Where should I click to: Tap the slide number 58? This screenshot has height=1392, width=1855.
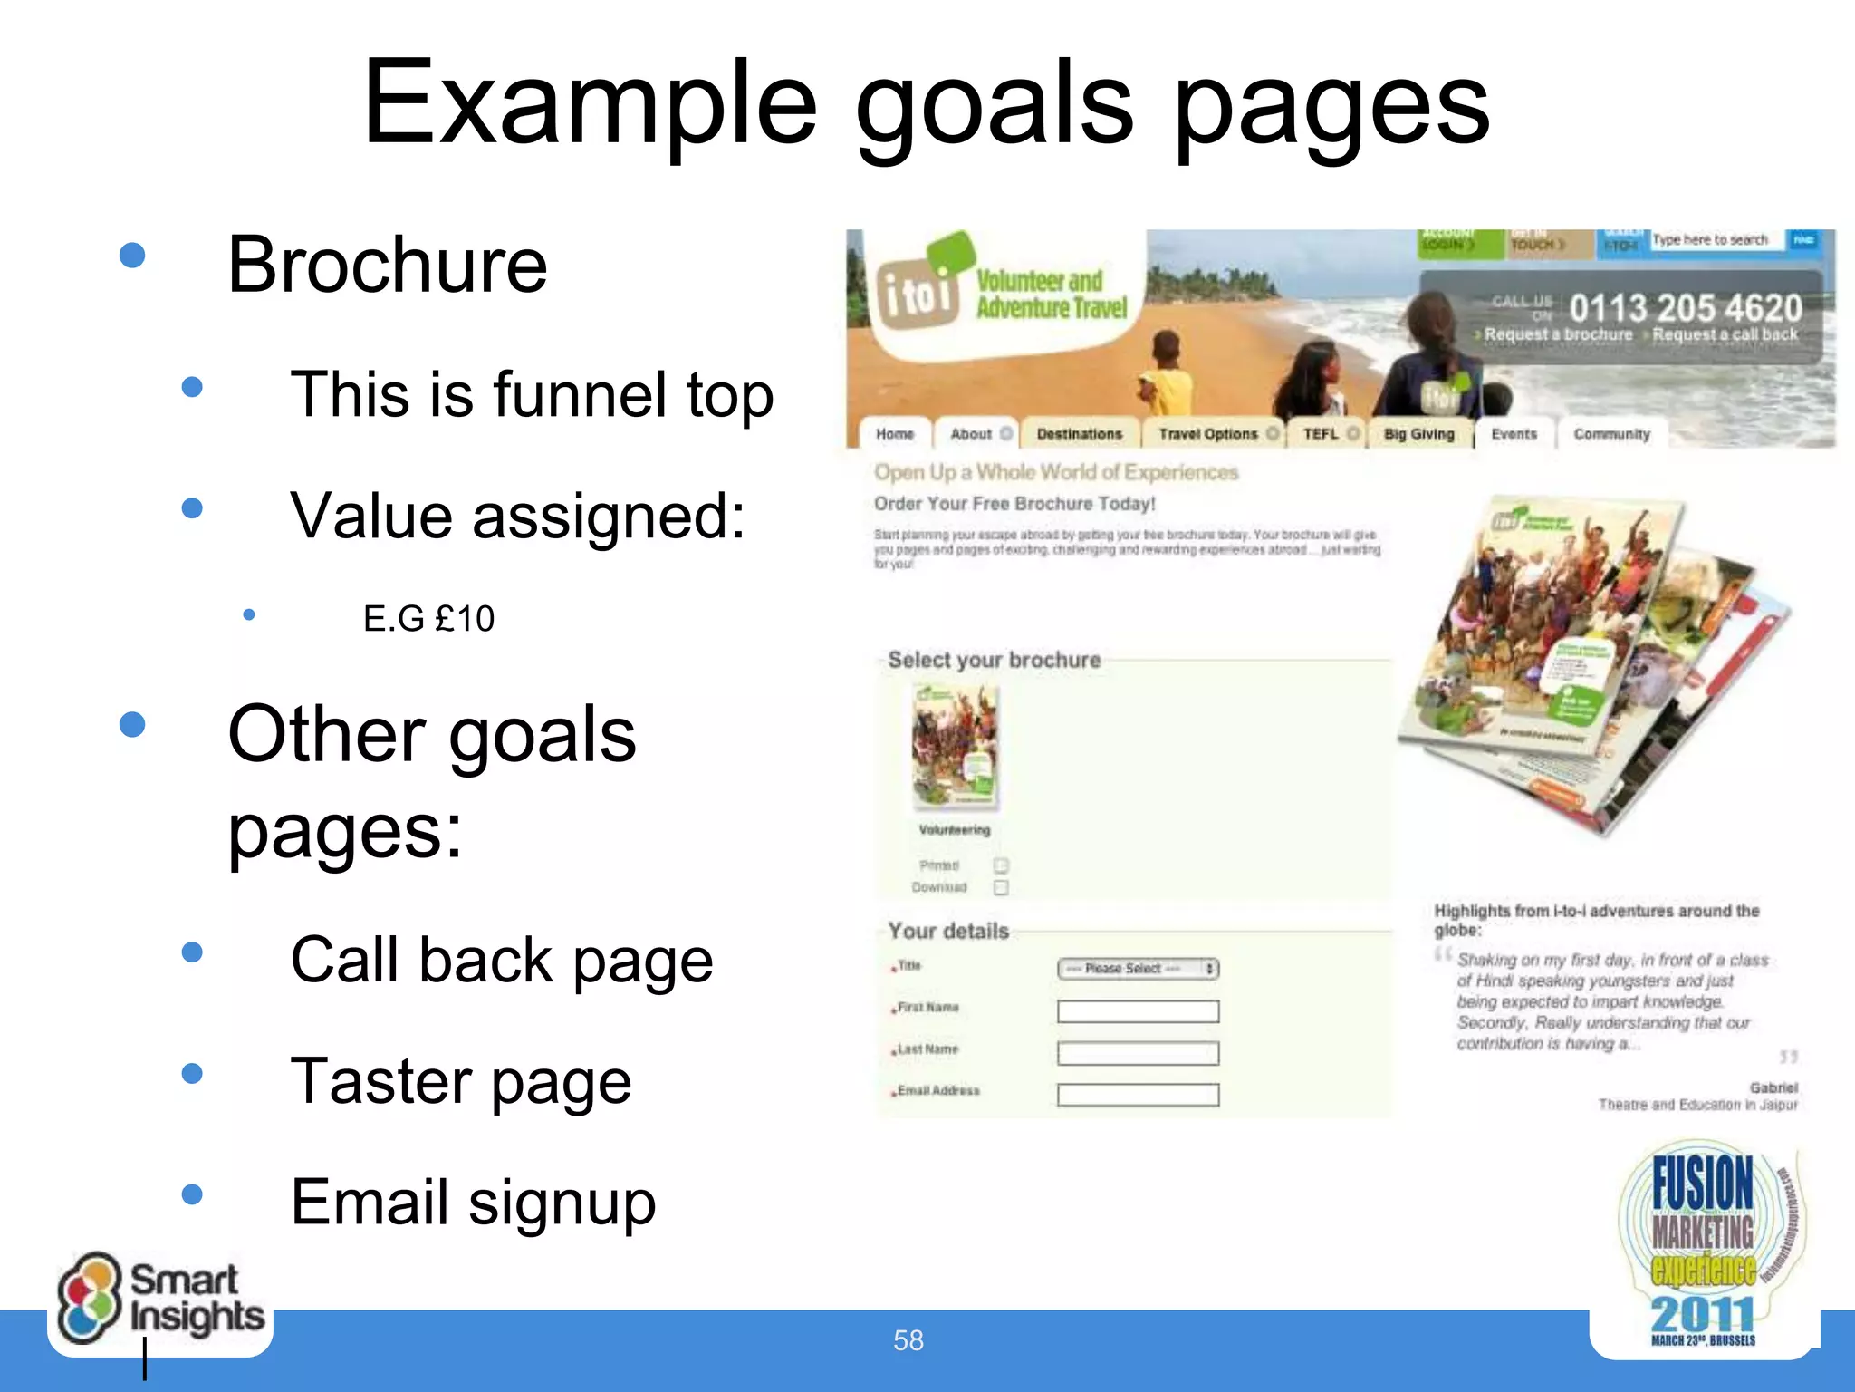pos(908,1340)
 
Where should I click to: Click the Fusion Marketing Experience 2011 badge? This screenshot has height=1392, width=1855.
pos(1703,1250)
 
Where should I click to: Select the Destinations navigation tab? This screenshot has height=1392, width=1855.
pos(1079,434)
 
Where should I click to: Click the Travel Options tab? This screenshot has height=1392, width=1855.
pos(1208,434)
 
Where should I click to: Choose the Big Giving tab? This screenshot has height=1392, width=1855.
pos(1418,434)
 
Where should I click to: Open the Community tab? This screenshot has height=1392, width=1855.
pos(1611,434)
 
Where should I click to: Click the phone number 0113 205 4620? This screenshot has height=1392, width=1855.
pos(1685,308)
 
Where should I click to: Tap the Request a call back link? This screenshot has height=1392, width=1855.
pos(1725,334)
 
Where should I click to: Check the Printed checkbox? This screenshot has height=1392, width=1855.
pos(1001,865)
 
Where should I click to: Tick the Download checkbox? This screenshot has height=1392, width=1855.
pos(1001,887)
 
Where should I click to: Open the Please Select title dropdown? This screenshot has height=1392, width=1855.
pos(1138,969)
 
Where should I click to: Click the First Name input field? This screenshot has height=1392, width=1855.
pos(1138,1011)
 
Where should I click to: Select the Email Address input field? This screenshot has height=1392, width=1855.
pos(1138,1095)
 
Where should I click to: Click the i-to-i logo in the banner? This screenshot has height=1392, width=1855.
pos(918,292)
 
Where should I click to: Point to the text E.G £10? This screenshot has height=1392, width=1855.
pos(428,619)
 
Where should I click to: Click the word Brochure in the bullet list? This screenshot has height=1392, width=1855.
pos(388,265)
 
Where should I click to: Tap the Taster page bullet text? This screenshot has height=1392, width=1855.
pos(460,1081)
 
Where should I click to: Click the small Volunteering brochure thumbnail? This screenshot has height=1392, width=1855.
pos(955,746)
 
